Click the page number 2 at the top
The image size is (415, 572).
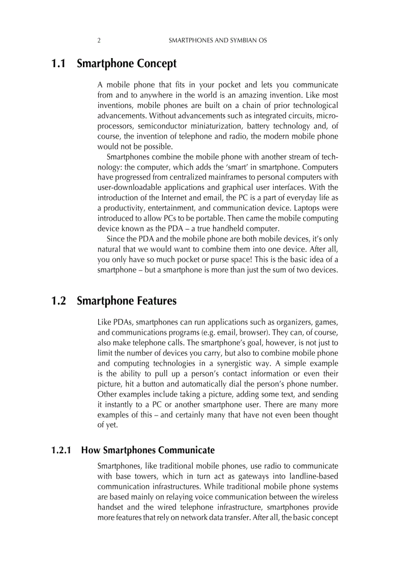click(99, 40)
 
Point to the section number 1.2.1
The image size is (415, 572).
click(63, 450)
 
